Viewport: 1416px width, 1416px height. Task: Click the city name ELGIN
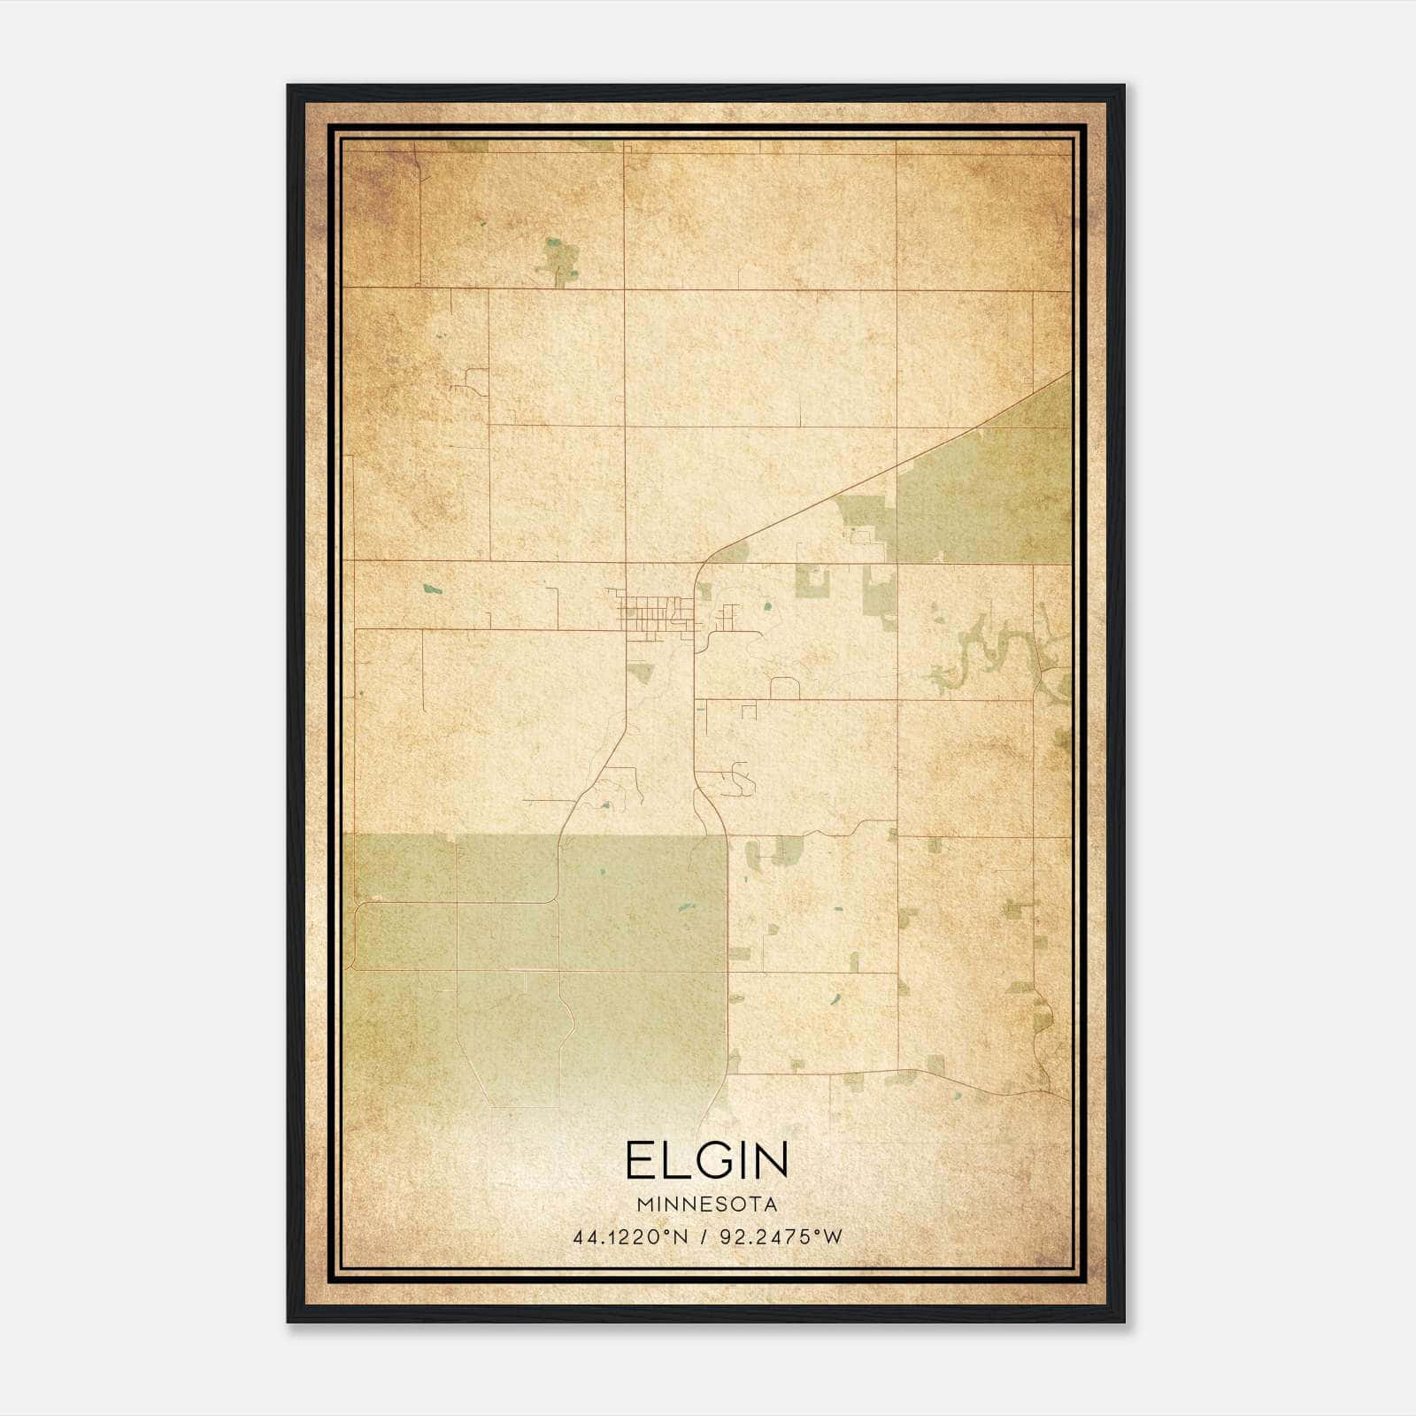(706, 1160)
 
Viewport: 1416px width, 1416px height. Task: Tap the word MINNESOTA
(706, 1205)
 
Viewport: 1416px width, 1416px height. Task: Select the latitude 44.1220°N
(630, 1237)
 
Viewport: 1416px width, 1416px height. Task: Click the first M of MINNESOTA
(643, 1205)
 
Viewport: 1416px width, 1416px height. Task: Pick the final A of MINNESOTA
(772, 1205)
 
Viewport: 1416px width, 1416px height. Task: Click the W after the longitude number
(832, 1237)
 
